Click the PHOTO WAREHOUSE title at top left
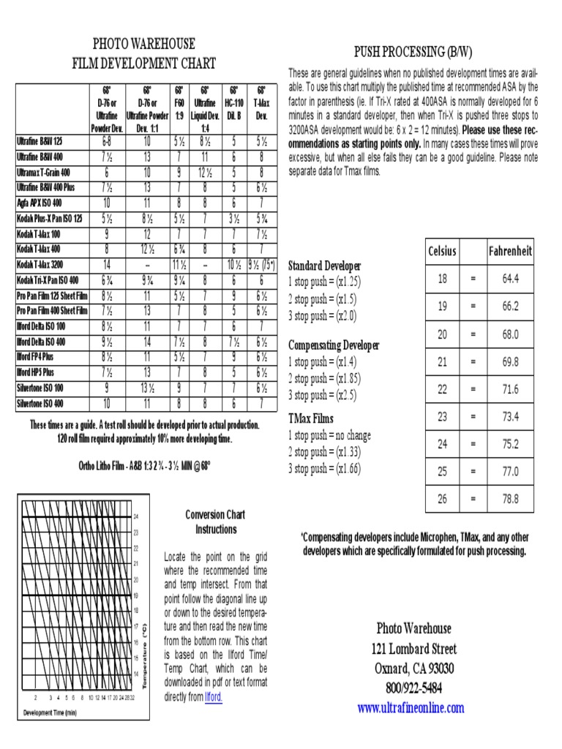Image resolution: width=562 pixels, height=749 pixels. point(143,44)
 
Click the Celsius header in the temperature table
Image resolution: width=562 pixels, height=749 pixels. point(442,251)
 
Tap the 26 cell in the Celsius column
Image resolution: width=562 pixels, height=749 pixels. point(442,499)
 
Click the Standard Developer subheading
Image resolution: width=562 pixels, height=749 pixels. point(324,266)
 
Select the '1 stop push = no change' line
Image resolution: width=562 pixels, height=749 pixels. point(329,435)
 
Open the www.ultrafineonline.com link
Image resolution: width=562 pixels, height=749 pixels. point(411,707)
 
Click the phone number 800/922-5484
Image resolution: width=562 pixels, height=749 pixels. point(413,688)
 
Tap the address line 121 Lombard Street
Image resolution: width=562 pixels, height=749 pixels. point(413,648)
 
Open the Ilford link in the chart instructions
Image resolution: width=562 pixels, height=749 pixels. point(214,697)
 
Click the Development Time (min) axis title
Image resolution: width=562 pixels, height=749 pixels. point(50,712)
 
